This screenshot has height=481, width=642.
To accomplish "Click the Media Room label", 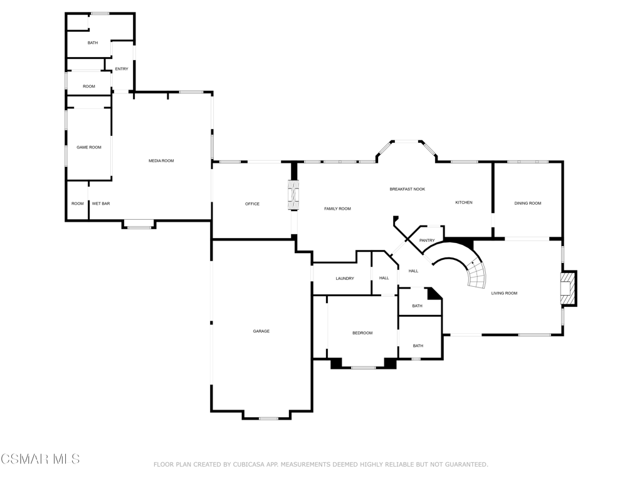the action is tap(161, 161).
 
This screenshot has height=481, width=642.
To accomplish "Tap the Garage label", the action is tap(261, 331).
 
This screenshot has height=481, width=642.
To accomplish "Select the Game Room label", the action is tap(89, 147).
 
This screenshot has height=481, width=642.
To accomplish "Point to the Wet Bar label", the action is tap(101, 204).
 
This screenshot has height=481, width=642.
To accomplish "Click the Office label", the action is tap(252, 204).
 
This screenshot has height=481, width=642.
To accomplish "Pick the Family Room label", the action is tap(338, 209).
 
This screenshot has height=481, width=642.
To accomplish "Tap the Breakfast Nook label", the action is tap(408, 189).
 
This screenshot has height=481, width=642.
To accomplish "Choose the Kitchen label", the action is tap(464, 202).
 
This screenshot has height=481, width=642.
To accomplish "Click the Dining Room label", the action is tap(528, 204).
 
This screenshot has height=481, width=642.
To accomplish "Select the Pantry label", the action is tap(427, 240).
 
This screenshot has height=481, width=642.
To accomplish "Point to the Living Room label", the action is tap(505, 293).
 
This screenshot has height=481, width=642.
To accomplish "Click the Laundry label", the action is tap(345, 279).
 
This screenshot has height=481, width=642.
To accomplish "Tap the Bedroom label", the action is tap(363, 333).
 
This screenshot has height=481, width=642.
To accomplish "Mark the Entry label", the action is tap(122, 69).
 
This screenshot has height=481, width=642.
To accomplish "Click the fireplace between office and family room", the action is tap(293, 195).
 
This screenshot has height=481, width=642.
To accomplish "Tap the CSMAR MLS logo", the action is tap(40, 459).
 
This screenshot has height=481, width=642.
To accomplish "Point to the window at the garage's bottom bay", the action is tap(268, 418).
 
